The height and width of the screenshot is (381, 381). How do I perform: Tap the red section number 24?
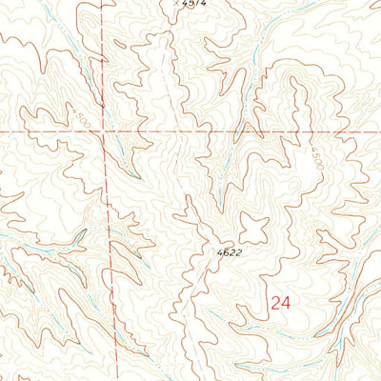click(x=279, y=304)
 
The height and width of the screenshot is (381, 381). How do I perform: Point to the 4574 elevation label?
click(x=192, y=4)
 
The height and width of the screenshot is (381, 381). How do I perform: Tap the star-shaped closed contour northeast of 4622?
click(x=254, y=229)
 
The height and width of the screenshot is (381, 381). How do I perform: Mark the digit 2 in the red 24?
click(x=274, y=304)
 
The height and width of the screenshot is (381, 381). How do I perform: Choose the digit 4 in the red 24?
click(x=284, y=304)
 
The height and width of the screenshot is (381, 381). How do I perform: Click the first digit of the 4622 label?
click(x=216, y=252)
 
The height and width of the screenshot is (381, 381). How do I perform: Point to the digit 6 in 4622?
click(x=221, y=252)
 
